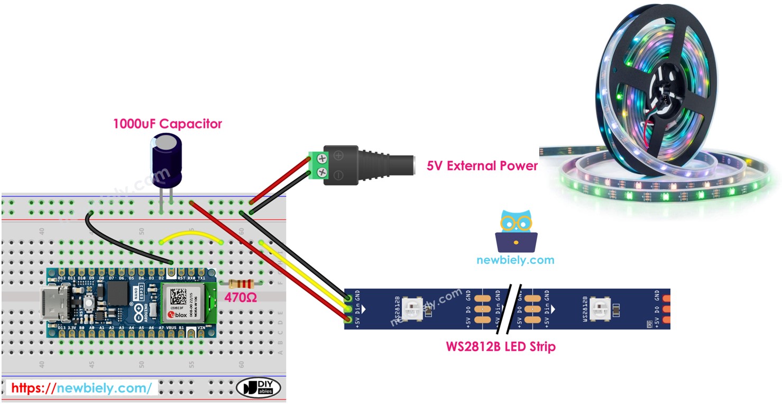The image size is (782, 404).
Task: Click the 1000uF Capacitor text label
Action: [167, 124]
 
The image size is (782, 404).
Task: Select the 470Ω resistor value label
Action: [241, 298]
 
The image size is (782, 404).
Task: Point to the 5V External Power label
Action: [482, 166]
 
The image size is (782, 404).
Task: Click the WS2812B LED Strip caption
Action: [500, 347]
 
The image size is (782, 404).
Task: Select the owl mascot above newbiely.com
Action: [516, 232]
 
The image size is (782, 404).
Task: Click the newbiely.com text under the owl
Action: [515, 260]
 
